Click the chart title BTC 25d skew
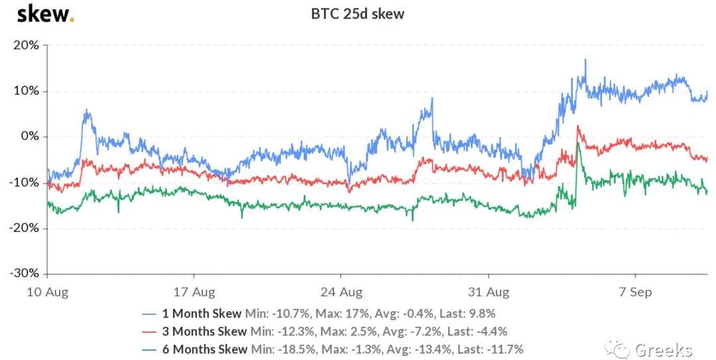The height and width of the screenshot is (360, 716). [357, 14]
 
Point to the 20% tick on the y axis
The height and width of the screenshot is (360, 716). [26, 45]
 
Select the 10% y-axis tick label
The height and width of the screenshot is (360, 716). [26, 91]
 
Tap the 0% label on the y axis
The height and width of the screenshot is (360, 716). [30, 137]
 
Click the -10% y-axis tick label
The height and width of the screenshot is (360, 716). [24, 182]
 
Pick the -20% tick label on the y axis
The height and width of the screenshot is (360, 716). [24, 228]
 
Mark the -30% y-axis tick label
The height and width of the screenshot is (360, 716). [24, 273]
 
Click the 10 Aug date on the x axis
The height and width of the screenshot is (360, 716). [47, 291]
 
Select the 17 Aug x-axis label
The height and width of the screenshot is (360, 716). [194, 291]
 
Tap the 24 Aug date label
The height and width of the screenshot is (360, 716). [341, 291]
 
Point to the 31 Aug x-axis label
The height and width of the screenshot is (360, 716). [488, 291]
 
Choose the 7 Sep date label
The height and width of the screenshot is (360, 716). [635, 291]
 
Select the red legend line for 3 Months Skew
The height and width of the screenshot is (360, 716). [150, 331]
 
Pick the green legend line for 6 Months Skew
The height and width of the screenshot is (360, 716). [150, 349]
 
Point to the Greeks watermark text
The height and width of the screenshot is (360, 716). [664, 349]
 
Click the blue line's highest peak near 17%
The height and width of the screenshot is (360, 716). [585, 60]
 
